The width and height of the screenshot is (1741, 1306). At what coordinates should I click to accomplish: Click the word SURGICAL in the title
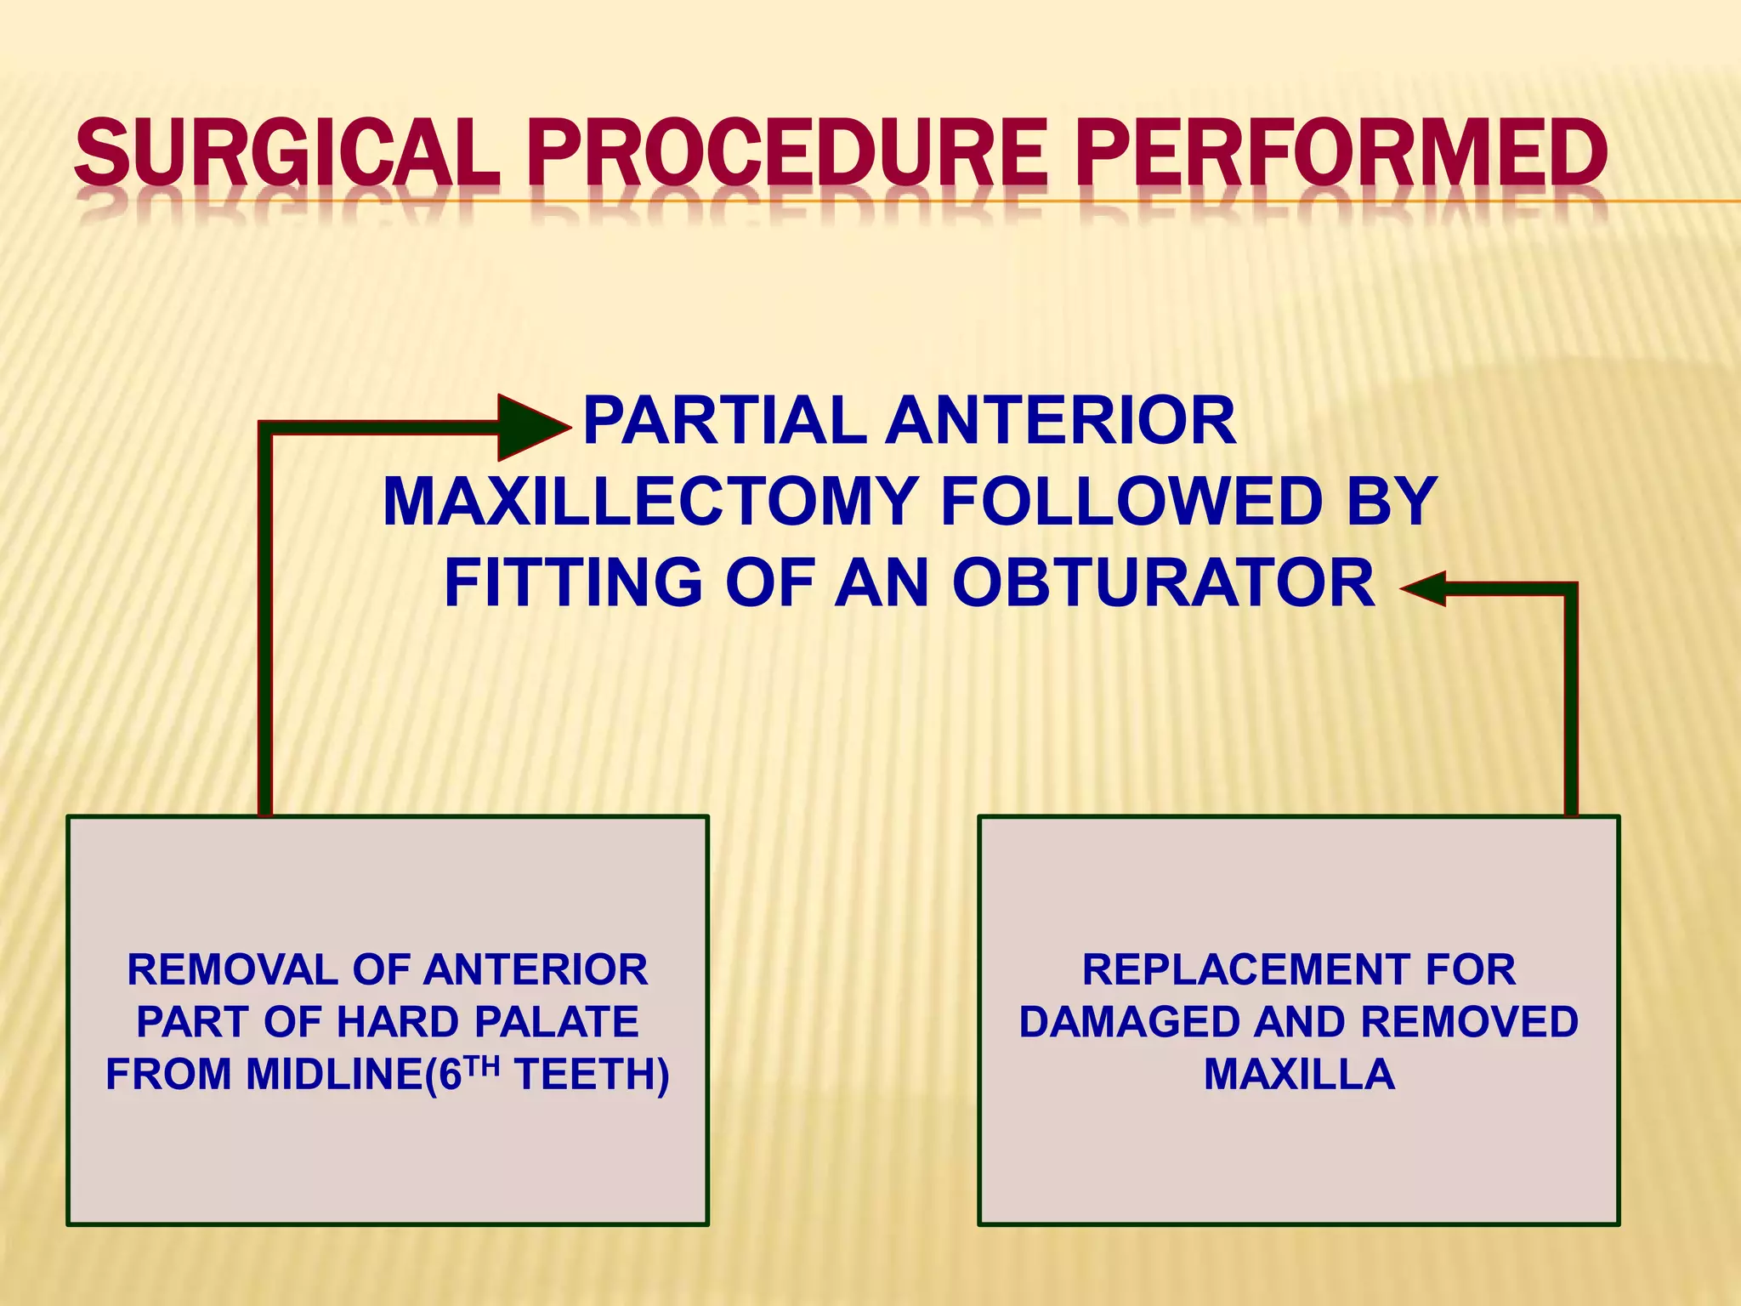click(x=287, y=153)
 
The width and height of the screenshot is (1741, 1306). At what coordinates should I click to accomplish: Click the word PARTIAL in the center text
click(x=724, y=421)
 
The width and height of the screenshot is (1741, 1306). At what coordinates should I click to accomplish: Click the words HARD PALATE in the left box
click(x=487, y=1022)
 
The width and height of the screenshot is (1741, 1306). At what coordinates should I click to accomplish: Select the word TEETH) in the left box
click(x=592, y=1074)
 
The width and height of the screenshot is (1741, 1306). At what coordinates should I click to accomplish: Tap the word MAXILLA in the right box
click(x=1299, y=1074)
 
